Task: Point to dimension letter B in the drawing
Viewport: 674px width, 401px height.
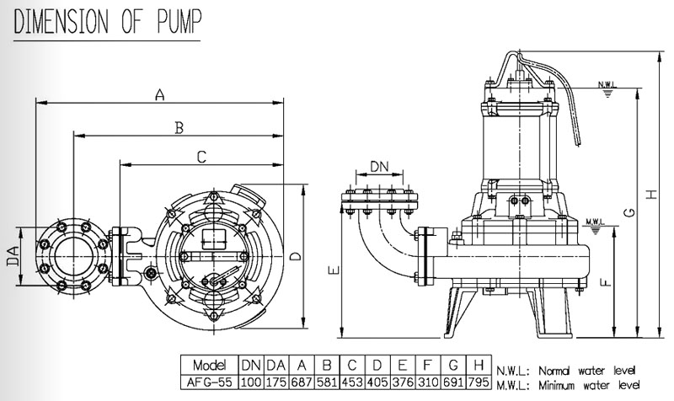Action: [178, 127]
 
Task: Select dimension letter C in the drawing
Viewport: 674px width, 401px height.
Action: [201, 157]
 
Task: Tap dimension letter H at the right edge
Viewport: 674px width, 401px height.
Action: [650, 195]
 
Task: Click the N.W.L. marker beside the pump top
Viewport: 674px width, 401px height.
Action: [606, 85]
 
